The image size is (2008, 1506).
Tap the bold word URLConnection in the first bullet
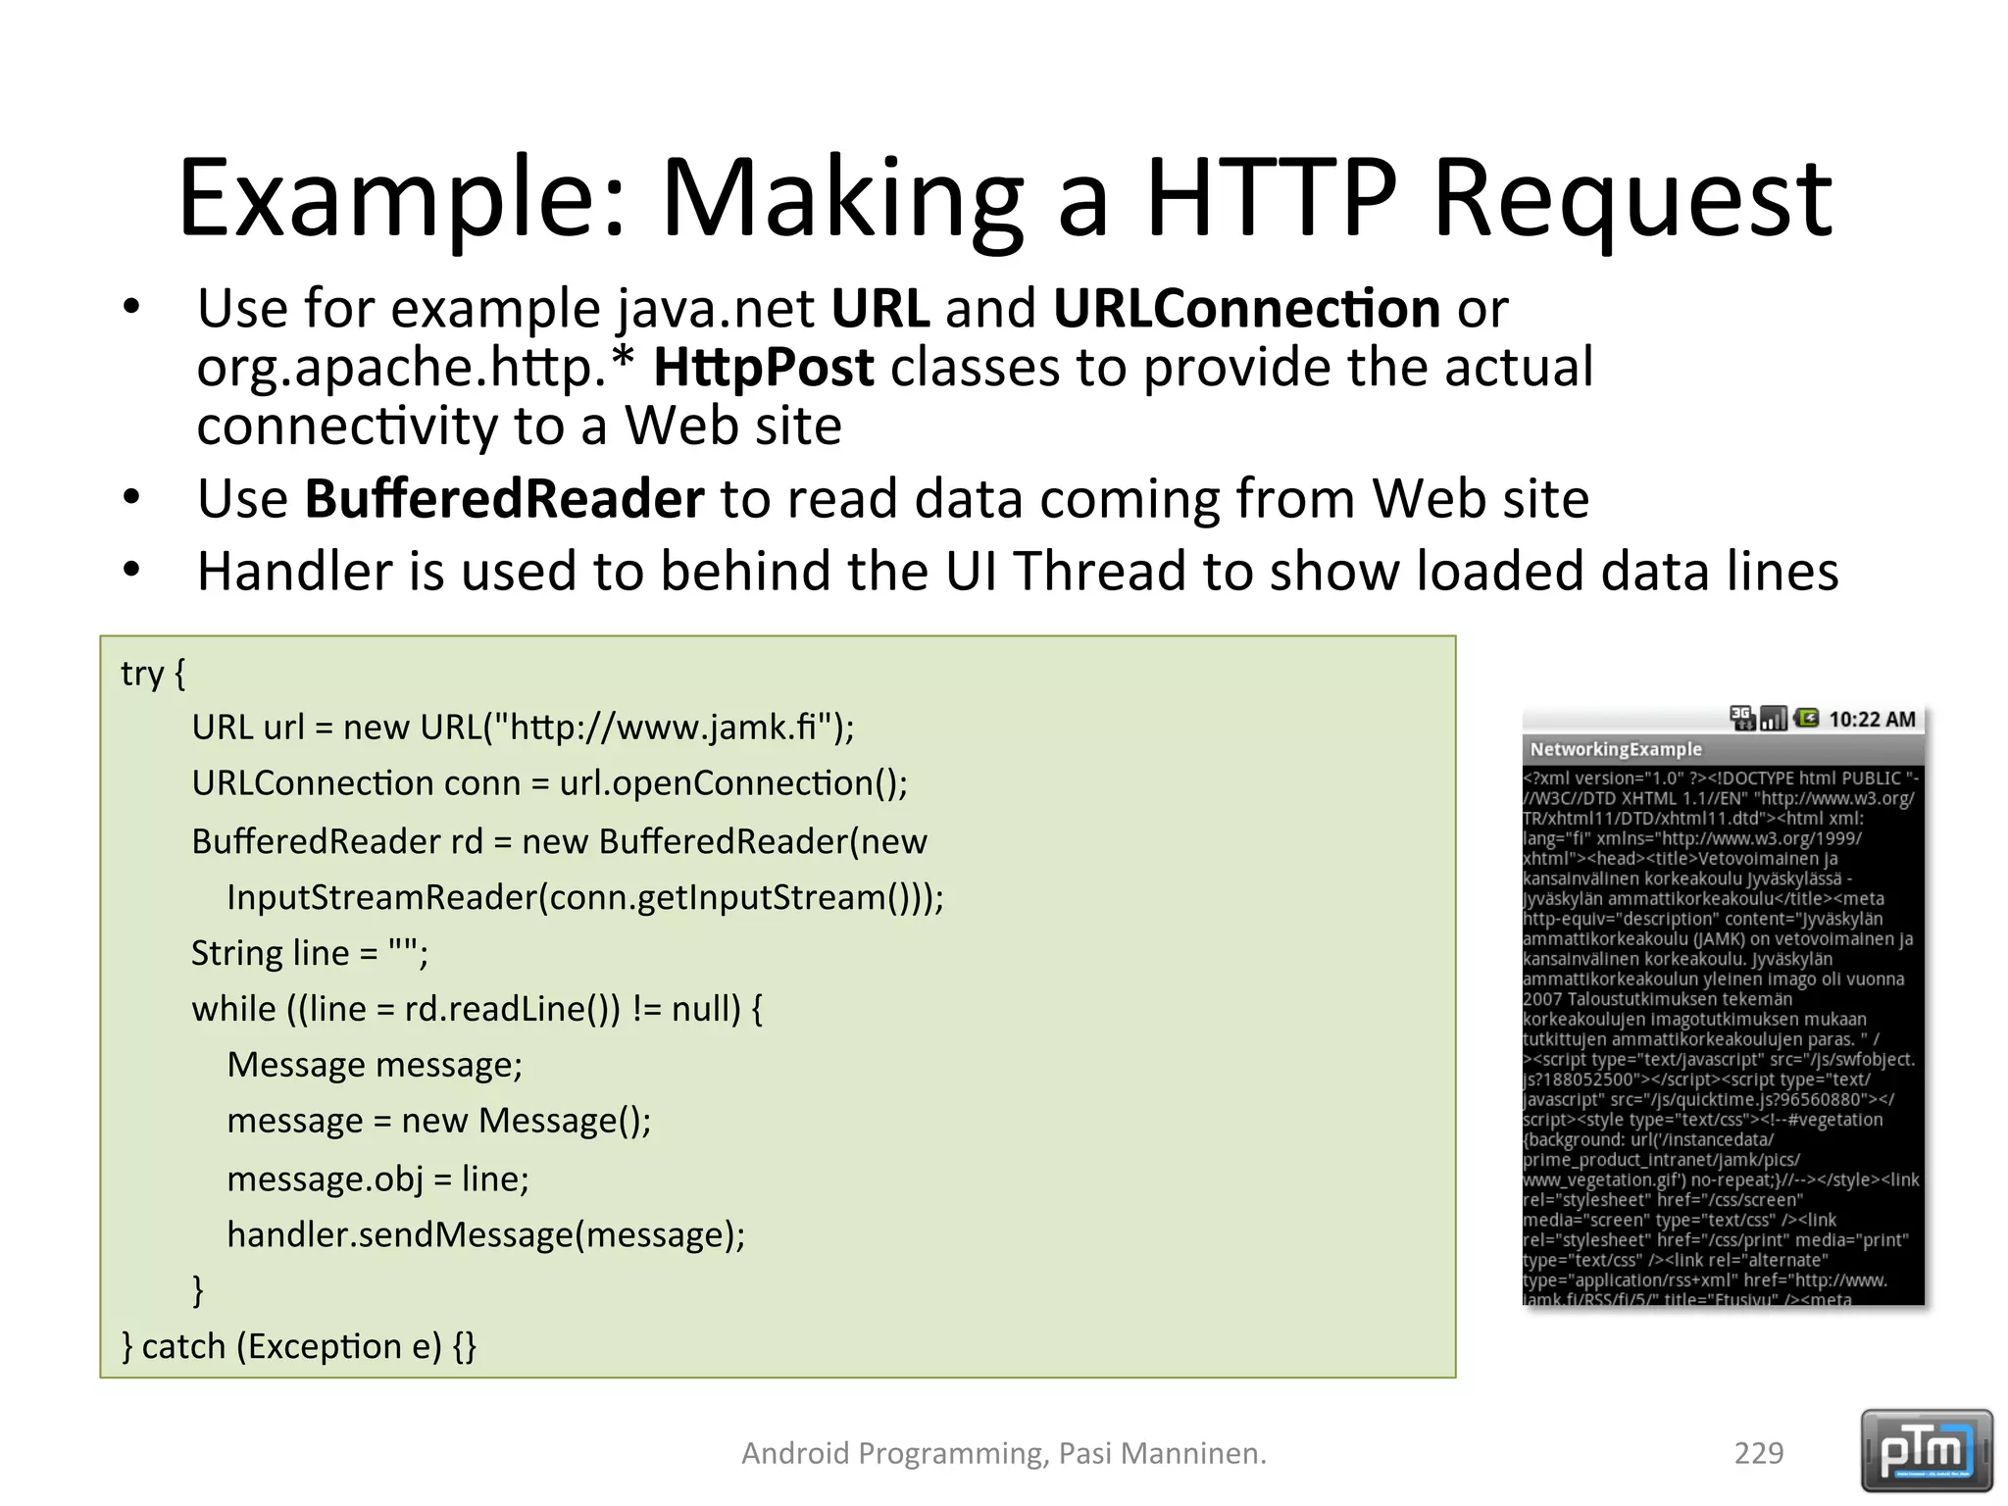1246,309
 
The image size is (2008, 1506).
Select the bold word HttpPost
763,369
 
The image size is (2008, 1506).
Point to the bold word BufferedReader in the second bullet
504,499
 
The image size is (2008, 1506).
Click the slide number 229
1758,1453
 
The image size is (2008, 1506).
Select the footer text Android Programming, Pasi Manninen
1004,1453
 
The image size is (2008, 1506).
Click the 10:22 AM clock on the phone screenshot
1872,720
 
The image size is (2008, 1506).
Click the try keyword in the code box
142,675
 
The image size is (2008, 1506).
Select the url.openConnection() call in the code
733,783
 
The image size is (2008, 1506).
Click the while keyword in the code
233,1009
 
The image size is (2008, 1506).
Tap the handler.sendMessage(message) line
485,1235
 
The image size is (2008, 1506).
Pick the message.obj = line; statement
377,1179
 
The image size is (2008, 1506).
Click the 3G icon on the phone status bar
1741,719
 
